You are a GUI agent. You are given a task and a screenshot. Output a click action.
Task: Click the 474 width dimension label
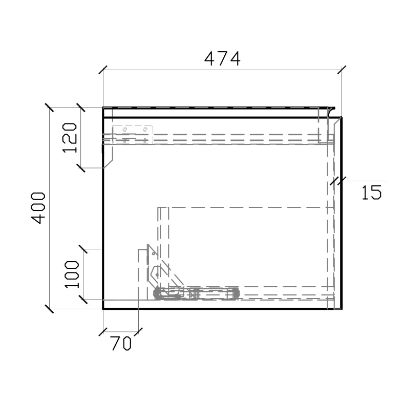222,59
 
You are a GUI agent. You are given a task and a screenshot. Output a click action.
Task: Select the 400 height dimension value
38,207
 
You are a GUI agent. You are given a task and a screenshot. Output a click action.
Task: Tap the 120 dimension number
70,138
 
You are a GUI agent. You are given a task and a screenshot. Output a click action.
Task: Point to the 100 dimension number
72,274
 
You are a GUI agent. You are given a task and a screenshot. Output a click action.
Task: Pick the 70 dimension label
121,344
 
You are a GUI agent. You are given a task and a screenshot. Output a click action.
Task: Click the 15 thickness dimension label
371,193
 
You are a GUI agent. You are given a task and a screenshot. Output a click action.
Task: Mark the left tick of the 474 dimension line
103,70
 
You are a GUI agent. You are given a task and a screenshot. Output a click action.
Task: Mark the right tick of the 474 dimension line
342,70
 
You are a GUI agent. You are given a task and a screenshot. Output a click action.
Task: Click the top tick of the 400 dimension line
49,108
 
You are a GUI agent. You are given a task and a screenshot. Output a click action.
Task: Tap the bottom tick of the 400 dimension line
49,309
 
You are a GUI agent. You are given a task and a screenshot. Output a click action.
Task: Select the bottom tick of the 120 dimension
80,168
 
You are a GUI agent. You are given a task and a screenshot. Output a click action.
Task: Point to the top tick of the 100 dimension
83,249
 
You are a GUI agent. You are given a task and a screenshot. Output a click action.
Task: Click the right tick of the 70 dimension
138,332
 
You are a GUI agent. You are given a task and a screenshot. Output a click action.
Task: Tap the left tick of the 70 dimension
103,332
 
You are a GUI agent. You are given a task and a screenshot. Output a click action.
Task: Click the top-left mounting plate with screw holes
133,134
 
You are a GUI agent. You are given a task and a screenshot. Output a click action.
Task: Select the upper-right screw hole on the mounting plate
145,129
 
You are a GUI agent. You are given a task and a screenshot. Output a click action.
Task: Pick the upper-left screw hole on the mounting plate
124,130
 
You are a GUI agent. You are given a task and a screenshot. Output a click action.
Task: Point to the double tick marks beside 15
337,181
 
